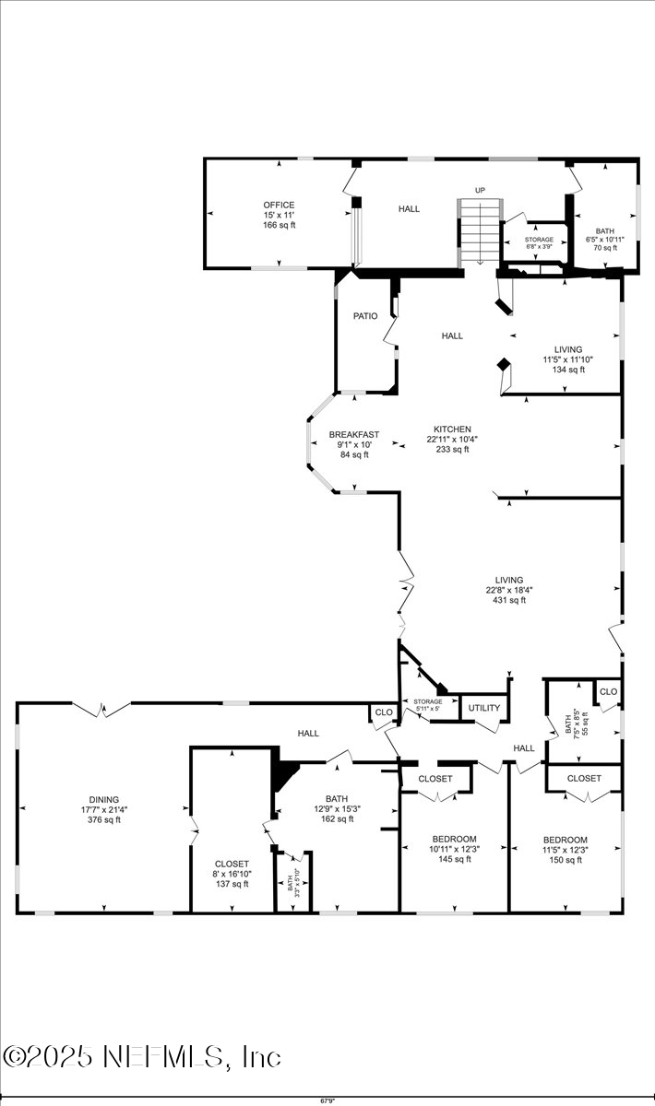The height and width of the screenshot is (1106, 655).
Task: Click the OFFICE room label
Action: [279, 205]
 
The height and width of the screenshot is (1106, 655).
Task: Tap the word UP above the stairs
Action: [480, 191]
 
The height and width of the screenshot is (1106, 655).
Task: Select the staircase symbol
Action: [479, 230]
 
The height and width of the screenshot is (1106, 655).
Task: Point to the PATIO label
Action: [365, 316]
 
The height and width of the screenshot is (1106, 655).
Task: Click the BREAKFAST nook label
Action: [354, 434]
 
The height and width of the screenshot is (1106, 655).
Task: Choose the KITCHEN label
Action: [453, 429]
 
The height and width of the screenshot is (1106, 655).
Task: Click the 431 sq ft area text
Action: [508, 600]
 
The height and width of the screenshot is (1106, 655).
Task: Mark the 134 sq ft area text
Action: [568, 370]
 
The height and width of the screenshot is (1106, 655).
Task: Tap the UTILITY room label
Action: [484, 708]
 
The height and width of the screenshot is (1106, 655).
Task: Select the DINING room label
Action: [103, 800]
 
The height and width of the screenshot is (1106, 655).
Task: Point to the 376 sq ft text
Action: [103, 819]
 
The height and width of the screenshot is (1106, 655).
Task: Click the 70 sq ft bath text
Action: [605, 247]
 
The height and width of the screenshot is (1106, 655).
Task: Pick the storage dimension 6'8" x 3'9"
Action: [540, 246]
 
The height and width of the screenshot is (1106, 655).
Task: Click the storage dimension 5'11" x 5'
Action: [428, 709]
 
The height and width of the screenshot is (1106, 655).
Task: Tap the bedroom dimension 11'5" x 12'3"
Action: [566, 849]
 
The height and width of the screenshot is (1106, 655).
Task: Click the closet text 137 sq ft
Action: [232, 884]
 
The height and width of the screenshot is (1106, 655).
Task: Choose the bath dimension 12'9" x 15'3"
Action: [337, 808]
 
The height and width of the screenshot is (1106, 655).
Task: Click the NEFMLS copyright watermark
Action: [142, 1056]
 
